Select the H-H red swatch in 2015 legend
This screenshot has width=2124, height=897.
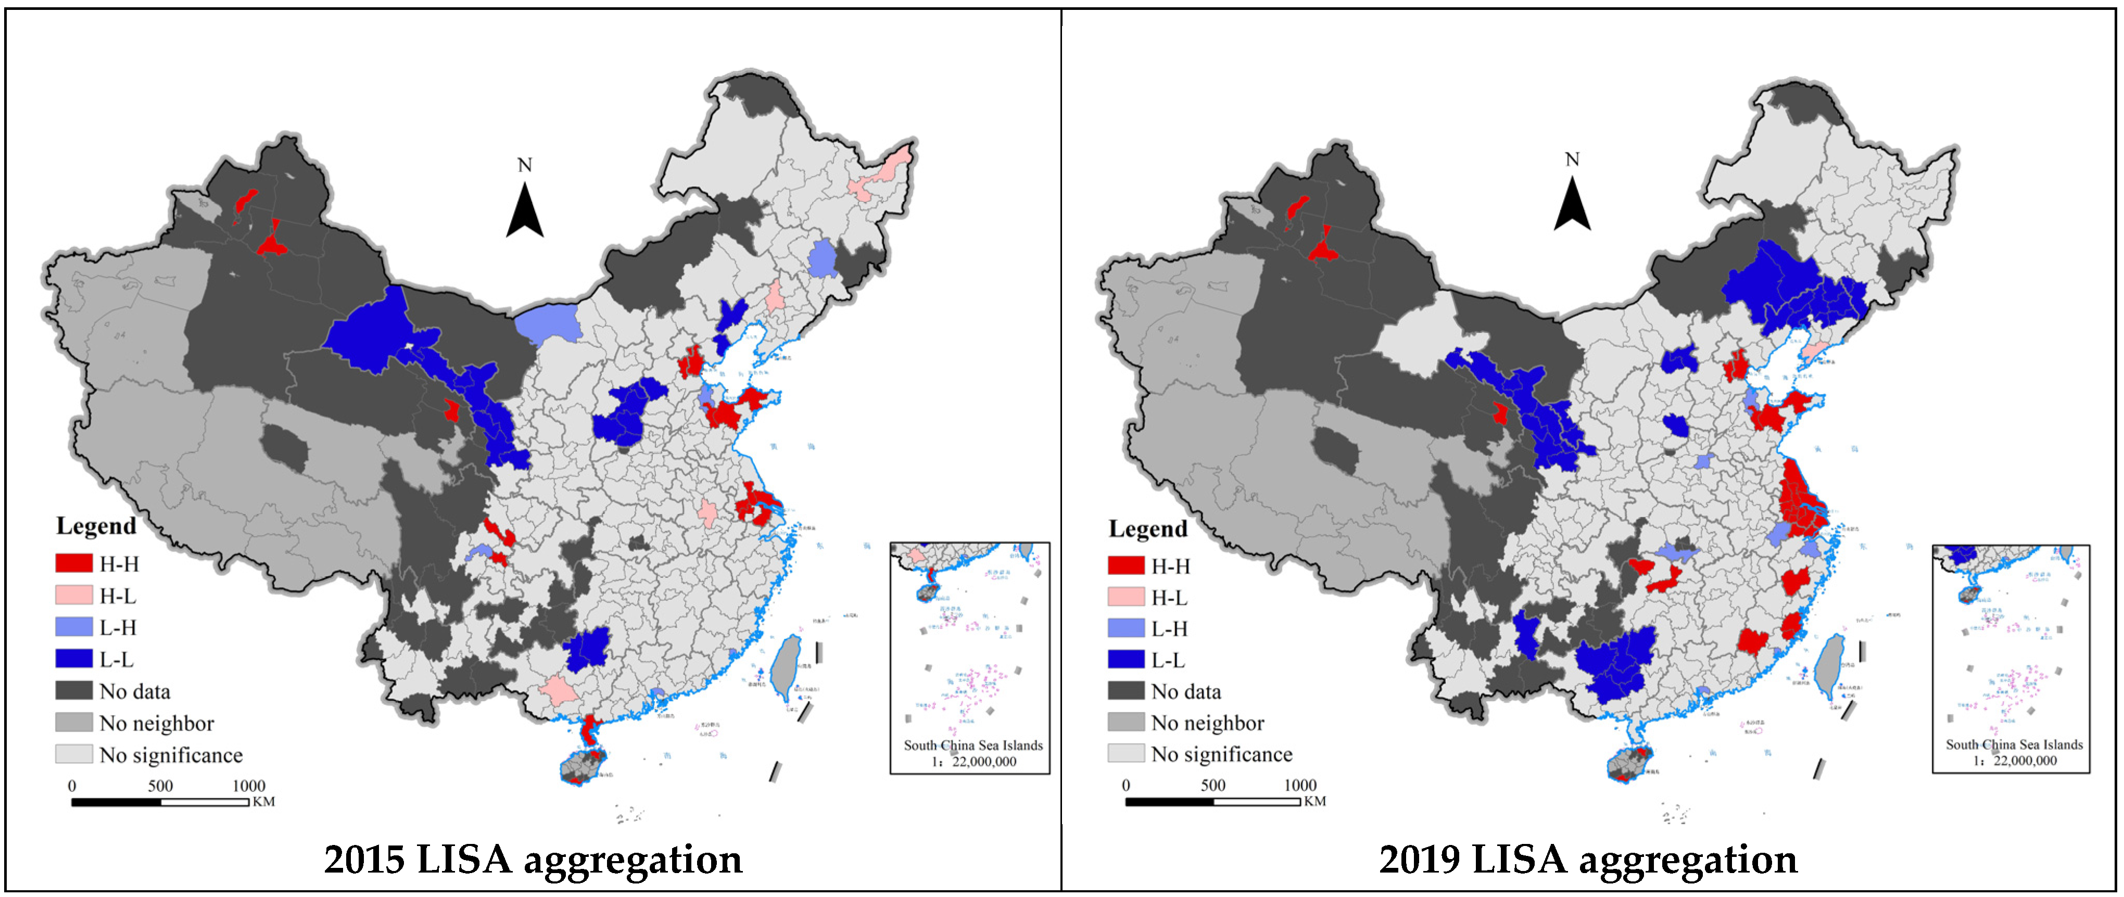click(x=73, y=563)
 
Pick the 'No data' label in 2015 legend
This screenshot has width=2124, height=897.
click(x=134, y=691)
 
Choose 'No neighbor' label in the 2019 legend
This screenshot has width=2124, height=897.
click(x=1207, y=723)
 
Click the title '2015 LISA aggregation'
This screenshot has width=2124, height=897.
click(x=533, y=859)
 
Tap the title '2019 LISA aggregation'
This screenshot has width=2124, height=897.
click(x=1588, y=859)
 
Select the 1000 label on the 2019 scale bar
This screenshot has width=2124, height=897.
click(x=1300, y=785)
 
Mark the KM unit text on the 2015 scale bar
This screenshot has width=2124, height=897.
click(x=264, y=801)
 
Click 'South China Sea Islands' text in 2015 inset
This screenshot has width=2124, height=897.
click(x=973, y=745)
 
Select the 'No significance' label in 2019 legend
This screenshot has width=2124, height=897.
click(x=1221, y=754)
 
